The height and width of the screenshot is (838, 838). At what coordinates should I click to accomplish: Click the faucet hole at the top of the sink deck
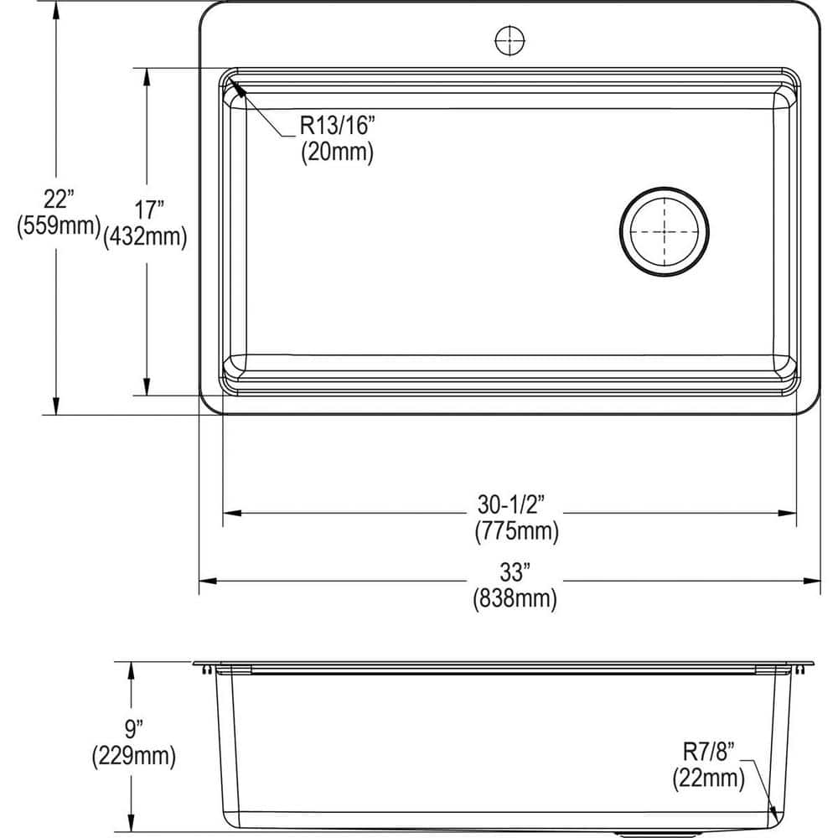pyautogui.click(x=509, y=39)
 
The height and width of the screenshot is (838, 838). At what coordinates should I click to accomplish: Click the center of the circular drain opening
pyautogui.click(x=665, y=230)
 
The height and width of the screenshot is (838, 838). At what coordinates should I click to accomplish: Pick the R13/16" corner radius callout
pyautogui.click(x=339, y=127)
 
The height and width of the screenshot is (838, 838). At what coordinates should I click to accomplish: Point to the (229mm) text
pyautogui.click(x=133, y=757)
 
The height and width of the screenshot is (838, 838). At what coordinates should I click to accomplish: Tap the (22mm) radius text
pyautogui.click(x=708, y=779)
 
